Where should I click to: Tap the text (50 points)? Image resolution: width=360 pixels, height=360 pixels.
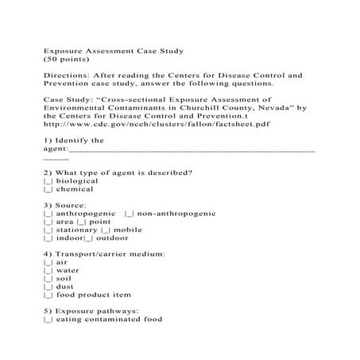pos(63,59)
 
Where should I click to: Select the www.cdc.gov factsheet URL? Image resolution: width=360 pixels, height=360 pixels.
pos(141,123)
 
